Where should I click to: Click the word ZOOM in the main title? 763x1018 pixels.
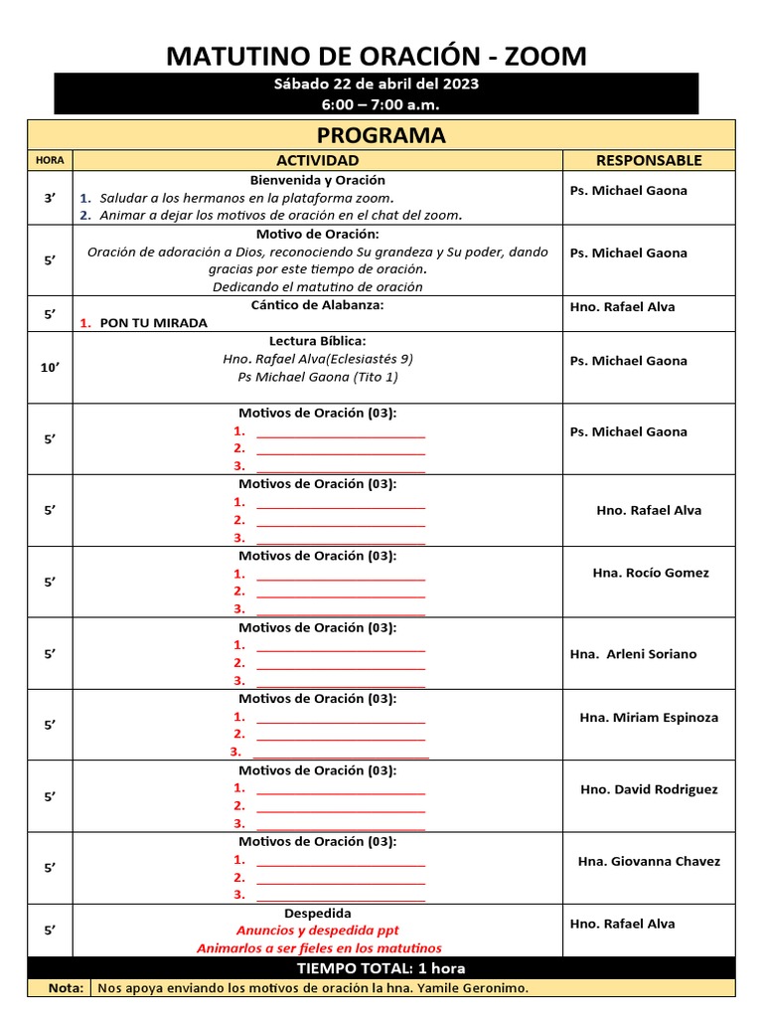pos(545,57)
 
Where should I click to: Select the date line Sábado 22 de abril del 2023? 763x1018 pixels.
pos(376,84)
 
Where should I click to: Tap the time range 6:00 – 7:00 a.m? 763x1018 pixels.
pos(376,104)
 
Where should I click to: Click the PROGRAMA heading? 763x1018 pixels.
pos(381,135)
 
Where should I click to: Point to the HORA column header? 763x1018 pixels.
pos(50,160)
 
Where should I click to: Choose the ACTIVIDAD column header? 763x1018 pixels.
pos(318,160)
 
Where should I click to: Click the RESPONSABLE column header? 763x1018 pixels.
pos(649,160)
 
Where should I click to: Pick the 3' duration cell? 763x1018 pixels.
pos(50,198)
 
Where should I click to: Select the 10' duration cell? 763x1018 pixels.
pos(50,368)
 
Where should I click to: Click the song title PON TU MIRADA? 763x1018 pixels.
pos(154,323)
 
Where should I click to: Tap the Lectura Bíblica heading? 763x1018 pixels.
pos(318,341)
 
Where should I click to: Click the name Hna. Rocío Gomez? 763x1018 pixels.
pos(651,573)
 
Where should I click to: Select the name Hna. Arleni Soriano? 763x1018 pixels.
pos(634,654)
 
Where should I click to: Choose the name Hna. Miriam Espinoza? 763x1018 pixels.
pos(649,718)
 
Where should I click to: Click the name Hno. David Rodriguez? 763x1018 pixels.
pos(649,789)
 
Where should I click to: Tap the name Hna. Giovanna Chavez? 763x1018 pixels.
pos(649,861)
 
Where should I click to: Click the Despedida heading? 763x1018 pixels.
pos(318,913)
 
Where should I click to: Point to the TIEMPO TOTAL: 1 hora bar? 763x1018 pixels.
pos(381,967)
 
